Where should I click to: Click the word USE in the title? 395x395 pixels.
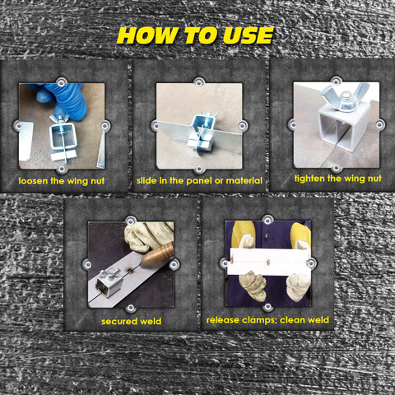click(x=248, y=35)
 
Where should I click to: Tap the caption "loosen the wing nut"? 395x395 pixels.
click(x=62, y=181)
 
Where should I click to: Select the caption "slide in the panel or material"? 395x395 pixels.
click(x=199, y=180)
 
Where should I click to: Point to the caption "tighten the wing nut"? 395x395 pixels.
click(x=337, y=179)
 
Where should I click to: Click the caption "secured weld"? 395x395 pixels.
click(x=131, y=321)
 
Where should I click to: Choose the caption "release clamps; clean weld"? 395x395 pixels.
click(x=267, y=320)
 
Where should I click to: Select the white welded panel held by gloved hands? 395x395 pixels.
click(x=269, y=262)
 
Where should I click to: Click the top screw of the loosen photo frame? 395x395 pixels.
click(x=62, y=82)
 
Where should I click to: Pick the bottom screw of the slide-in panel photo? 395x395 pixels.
click(x=199, y=170)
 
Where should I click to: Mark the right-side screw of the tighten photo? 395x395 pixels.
click(x=379, y=125)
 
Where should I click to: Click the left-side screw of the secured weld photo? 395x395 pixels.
click(x=87, y=264)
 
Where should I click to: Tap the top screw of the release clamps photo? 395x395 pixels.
click(x=267, y=220)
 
